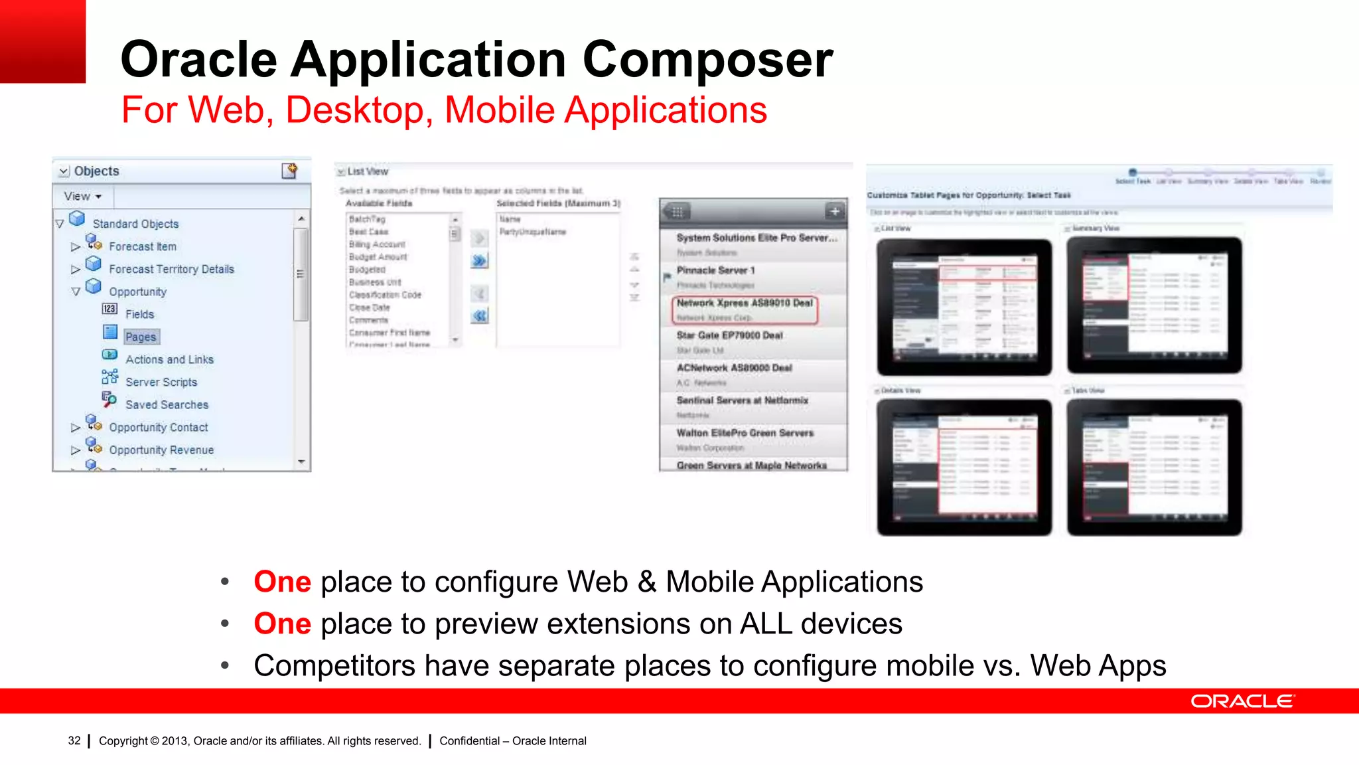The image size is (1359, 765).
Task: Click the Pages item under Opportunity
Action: coord(141,337)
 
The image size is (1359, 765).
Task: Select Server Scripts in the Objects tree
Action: coord(161,382)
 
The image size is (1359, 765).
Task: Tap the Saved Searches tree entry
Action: coord(167,404)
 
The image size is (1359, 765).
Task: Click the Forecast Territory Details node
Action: coord(171,269)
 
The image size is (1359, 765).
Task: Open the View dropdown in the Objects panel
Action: coord(83,197)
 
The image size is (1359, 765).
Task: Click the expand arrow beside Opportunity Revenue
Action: coord(76,450)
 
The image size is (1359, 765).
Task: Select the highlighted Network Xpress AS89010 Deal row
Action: coord(745,309)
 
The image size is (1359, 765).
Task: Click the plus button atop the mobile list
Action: coord(835,211)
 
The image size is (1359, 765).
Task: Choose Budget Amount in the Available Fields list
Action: coord(378,257)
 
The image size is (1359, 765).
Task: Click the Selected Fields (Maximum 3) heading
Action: coord(558,203)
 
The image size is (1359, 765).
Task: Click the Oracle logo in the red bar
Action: coord(1242,701)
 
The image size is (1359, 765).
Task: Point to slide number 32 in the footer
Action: coord(74,740)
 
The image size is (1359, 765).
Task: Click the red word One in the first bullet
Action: coord(282,582)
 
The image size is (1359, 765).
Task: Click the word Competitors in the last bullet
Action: coord(334,665)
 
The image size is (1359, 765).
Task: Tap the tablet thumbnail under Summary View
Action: coord(1154,305)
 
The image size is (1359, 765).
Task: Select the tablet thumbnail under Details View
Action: coord(964,467)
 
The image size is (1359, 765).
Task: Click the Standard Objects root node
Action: coord(135,224)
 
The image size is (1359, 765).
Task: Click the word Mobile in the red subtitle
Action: coord(499,110)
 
